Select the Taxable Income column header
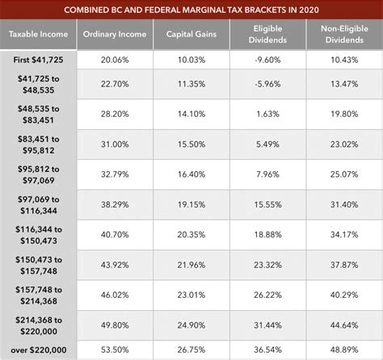(x=39, y=35)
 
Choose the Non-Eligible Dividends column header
(x=344, y=35)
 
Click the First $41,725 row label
(x=39, y=61)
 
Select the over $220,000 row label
(x=39, y=347)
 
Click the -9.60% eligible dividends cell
(x=267, y=61)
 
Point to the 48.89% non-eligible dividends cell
(x=344, y=347)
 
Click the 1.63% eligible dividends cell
(x=267, y=115)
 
